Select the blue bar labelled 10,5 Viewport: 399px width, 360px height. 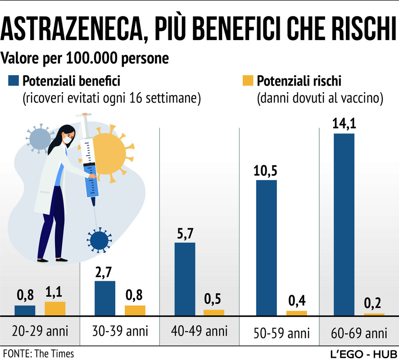(267, 247)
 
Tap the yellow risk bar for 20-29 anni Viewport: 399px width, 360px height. (55, 308)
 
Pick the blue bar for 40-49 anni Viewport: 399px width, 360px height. (185, 279)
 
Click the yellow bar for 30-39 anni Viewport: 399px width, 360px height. (135, 310)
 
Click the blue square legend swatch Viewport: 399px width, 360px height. (14, 81)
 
